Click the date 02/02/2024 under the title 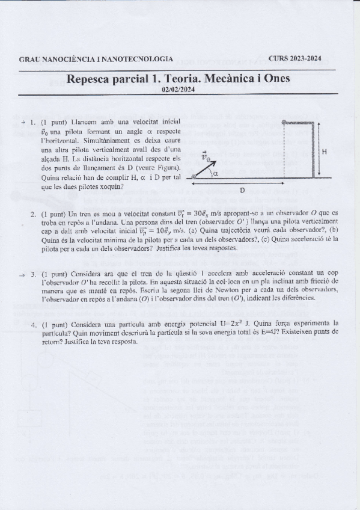[180, 91]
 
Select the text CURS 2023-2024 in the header [294, 59]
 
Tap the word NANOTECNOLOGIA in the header [138, 60]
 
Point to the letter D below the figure [242, 190]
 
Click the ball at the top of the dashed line [284, 122]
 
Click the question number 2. [34, 215]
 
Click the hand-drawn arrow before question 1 [22, 122]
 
